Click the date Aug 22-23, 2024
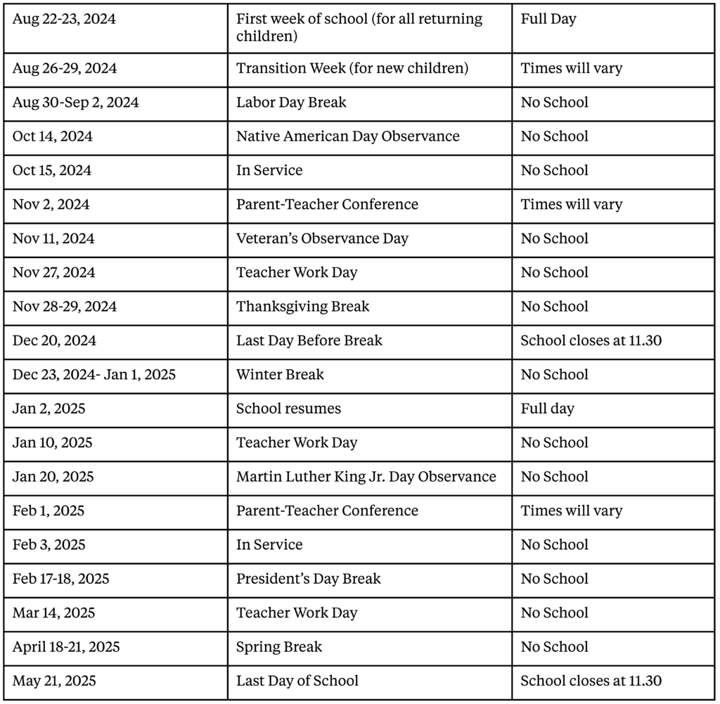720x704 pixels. point(64,20)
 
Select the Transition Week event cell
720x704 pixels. point(352,69)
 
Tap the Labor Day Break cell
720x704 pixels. point(291,103)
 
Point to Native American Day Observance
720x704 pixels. point(347,136)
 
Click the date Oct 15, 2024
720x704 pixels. point(52,171)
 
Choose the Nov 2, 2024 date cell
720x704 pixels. point(51,205)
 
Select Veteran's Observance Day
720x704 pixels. point(322,239)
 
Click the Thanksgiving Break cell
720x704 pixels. point(302,307)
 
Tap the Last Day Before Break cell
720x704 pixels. point(309,341)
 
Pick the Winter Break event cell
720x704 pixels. point(280,375)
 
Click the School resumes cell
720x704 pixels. point(288,409)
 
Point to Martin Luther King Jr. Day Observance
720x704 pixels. point(366,477)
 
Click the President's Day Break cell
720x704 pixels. point(308,579)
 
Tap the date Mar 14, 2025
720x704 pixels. point(53,613)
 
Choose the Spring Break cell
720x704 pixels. point(279,647)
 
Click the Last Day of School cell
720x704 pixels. point(297,681)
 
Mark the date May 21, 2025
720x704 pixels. point(54,681)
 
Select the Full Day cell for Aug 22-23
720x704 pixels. point(548,20)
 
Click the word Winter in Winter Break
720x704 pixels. point(258,375)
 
